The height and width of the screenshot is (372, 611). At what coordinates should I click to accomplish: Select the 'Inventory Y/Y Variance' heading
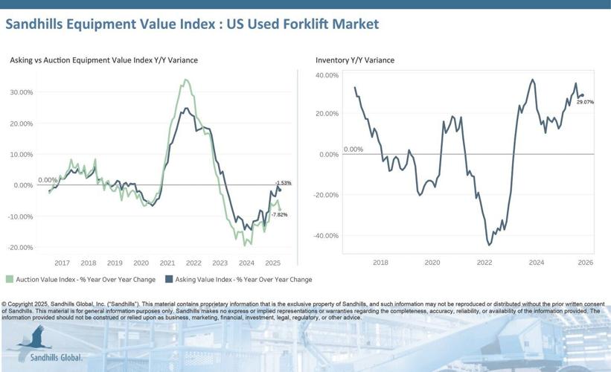pyautogui.click(x=355, y=60)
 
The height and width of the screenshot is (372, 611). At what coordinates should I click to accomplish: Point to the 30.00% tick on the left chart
pyautogui.click(x=21, y=92)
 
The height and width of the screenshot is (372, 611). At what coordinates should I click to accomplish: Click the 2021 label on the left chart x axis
pyautogui.click(x=167, y=263)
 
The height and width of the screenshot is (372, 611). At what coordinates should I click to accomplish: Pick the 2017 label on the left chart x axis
pyautogui.click(x=62, y=263)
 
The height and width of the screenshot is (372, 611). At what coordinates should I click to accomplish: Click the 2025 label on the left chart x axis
pyautogui.click(x=272, y=263)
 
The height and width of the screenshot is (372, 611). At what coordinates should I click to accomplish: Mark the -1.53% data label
pyautogui.click(x=283, y=183)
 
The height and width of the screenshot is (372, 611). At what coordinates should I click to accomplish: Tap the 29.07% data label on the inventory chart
pyautogui.click(x=585, y=102)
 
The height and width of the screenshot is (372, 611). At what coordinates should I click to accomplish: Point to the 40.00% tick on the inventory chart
pyautogui.click(x=327, y=75)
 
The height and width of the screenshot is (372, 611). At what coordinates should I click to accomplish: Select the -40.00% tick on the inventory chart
pyautogui.click(x=327, y=236)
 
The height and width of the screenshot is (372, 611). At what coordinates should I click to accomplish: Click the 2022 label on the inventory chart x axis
pyautogui.click(x=484, y=263)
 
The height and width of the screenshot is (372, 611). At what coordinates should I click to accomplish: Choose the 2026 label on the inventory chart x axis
pyautogui.click(x=585, y=263)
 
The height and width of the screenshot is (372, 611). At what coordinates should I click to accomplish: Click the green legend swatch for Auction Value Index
pyautogui.click(x=10, y=280)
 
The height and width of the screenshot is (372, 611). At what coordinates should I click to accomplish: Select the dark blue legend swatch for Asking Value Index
pyautogui.click(x=169, y=280)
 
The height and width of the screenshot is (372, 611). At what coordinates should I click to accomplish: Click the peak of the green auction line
pyautogui.click(x=185, y=80)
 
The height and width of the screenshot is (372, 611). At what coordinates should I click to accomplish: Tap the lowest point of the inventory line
pyautogui.click(x=489, y=244)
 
